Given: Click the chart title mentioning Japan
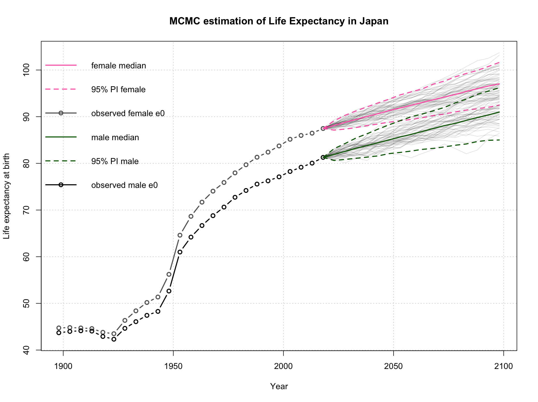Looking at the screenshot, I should pos(279,21).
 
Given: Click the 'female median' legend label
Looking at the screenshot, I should pos(119,66).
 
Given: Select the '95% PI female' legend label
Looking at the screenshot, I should pos(118,90).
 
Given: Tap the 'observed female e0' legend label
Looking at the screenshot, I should pos(128,113).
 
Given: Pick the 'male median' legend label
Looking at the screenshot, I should pos(115,138).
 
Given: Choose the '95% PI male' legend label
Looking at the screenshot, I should pos(115,161).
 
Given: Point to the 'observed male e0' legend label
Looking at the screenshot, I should pos(125,185).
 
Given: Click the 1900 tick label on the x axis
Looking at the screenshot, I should pos(63,366).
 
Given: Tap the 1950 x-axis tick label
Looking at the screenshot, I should pos(173,366).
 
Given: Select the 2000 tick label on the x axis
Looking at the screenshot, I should pos(283,366).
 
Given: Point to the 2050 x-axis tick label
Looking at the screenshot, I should pos(394,366).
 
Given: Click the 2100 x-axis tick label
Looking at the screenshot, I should pos(504,366).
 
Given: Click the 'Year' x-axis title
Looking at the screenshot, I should pos(279,386).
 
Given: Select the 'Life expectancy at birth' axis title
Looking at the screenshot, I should pos(7,196).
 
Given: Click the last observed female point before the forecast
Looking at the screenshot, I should pos(323,128).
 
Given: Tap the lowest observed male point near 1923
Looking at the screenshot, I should pos(114,339).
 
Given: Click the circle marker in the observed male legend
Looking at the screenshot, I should pos(61,185).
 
